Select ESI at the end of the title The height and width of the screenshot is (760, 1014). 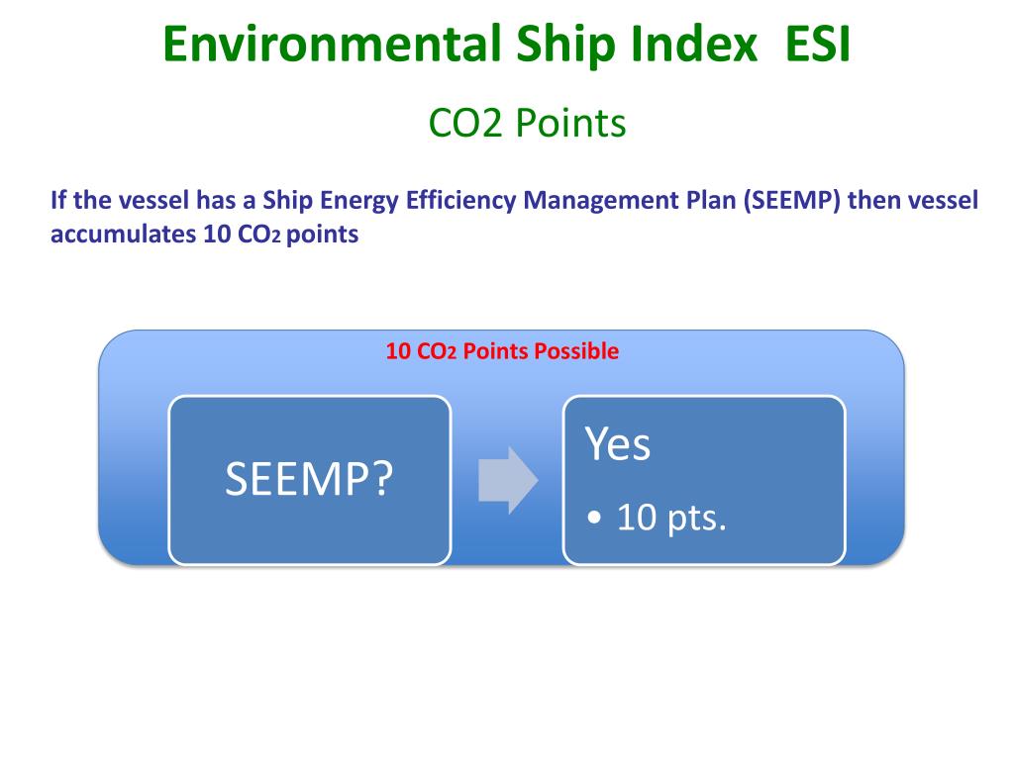point(815,46)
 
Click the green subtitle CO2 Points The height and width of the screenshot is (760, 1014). point(527,124)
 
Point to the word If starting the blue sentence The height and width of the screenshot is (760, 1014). point(57,201)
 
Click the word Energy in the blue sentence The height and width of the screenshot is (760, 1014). point(363,201)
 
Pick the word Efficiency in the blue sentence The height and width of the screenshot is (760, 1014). point(460,201)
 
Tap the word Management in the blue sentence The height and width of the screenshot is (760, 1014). point(591,201)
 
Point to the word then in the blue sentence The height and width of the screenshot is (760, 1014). point(871,201)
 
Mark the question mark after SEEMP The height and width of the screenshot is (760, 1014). point(382,481)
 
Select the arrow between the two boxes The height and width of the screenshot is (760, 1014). point(507,480)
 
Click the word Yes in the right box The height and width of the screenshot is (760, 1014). point(618,445)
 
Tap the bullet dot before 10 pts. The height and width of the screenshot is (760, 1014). point(593,519)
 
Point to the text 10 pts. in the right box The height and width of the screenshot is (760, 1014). point(671,518)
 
